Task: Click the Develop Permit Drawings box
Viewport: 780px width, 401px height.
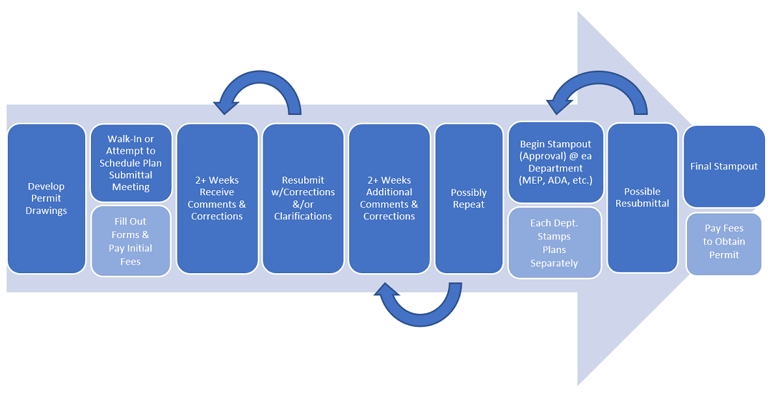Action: click(x=46, y=199)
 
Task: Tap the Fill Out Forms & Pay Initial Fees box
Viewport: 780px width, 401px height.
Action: click(x=130, y=241)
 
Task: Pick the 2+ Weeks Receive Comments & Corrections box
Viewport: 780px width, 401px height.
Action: click(x=217, y=199)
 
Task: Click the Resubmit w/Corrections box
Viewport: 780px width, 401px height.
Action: click(x=303, y=199)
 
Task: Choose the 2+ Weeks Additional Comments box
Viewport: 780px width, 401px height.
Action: click(x=389, y=199)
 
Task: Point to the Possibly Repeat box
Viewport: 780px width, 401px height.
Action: click(x=469, y=199)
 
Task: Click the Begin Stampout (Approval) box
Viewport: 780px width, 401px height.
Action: click(x=556, y=162)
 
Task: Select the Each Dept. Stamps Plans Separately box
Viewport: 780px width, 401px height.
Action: click(x=554, y=243)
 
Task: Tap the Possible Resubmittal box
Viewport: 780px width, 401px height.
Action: click(x=642, y=198)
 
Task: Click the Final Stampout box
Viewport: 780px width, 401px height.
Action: click(x=724, y=167)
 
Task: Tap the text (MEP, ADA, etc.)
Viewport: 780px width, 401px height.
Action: click(x=556, y=180)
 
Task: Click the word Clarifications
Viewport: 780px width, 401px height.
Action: click(x=303, y=217)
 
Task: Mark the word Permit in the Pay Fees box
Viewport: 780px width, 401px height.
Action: click(x=724, y=255)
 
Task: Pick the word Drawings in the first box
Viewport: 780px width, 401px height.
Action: click(x=46, y=211)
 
